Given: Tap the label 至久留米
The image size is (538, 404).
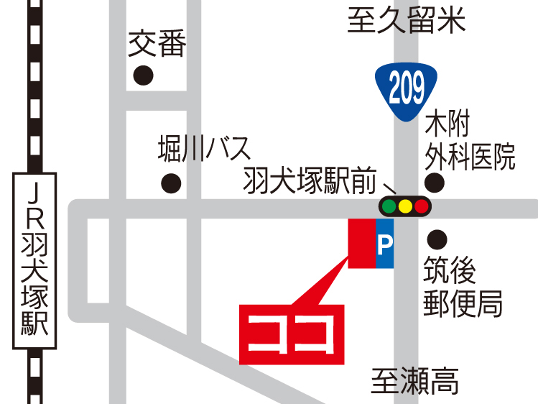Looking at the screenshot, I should tap(407, 20).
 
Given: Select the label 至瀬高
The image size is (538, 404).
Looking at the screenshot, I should tap(415, 380).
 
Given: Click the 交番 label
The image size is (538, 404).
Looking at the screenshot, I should tap(157, 46).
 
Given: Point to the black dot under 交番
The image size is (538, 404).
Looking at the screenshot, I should tap(144, 75).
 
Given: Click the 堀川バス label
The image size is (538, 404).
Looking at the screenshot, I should tap(205, 150).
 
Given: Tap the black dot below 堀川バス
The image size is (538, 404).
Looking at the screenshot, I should tap(170, 183).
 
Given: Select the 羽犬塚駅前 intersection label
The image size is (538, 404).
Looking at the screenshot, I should tap(310, 182).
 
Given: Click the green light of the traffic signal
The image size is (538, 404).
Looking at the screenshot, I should tap(389, 207).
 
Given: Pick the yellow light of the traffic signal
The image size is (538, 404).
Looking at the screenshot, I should tap(405, 207).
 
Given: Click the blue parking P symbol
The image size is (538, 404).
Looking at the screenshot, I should tap(384, 244).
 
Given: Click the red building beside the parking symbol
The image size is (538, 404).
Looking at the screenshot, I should tap(361, 243).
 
